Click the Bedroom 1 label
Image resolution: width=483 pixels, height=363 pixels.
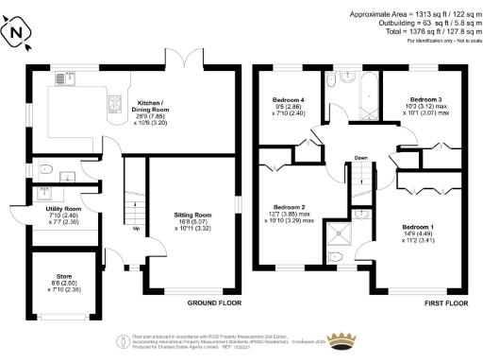(418, 232)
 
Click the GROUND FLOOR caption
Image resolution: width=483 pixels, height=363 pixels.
(214, 304)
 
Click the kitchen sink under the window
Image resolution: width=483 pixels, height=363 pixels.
(70, 78)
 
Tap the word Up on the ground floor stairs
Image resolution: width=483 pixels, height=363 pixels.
(138, 229)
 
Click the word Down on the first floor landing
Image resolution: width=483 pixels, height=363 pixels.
(360, 158)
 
